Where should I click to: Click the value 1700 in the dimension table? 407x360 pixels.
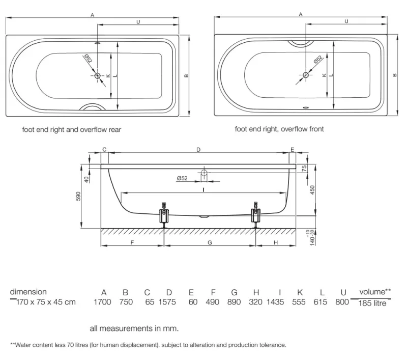tap(104, 302)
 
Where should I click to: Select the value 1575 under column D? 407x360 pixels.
tap(169, 302)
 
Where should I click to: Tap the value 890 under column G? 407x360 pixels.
tap(235, 302)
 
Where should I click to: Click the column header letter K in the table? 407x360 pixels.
tap(300, 292)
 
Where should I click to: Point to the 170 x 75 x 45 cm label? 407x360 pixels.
tap(46, 302)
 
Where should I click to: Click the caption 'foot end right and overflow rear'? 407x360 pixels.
tap(71, 129)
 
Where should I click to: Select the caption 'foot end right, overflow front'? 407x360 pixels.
tap(279, 129)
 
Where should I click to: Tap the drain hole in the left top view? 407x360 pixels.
tap(98, 75)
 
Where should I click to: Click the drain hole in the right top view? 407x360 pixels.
tap(306, 75)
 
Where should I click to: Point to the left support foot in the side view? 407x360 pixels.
tap(164, 213)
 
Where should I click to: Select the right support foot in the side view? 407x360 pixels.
tap(255, 213)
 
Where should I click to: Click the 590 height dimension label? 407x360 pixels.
tap(79, 197)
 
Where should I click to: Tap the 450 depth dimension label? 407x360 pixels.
tap(312, 189)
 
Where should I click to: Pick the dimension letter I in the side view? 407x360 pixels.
tap(203, 189)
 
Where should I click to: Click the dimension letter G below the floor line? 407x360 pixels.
tap(210, 243)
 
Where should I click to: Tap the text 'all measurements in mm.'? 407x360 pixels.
tap(134, 328)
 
